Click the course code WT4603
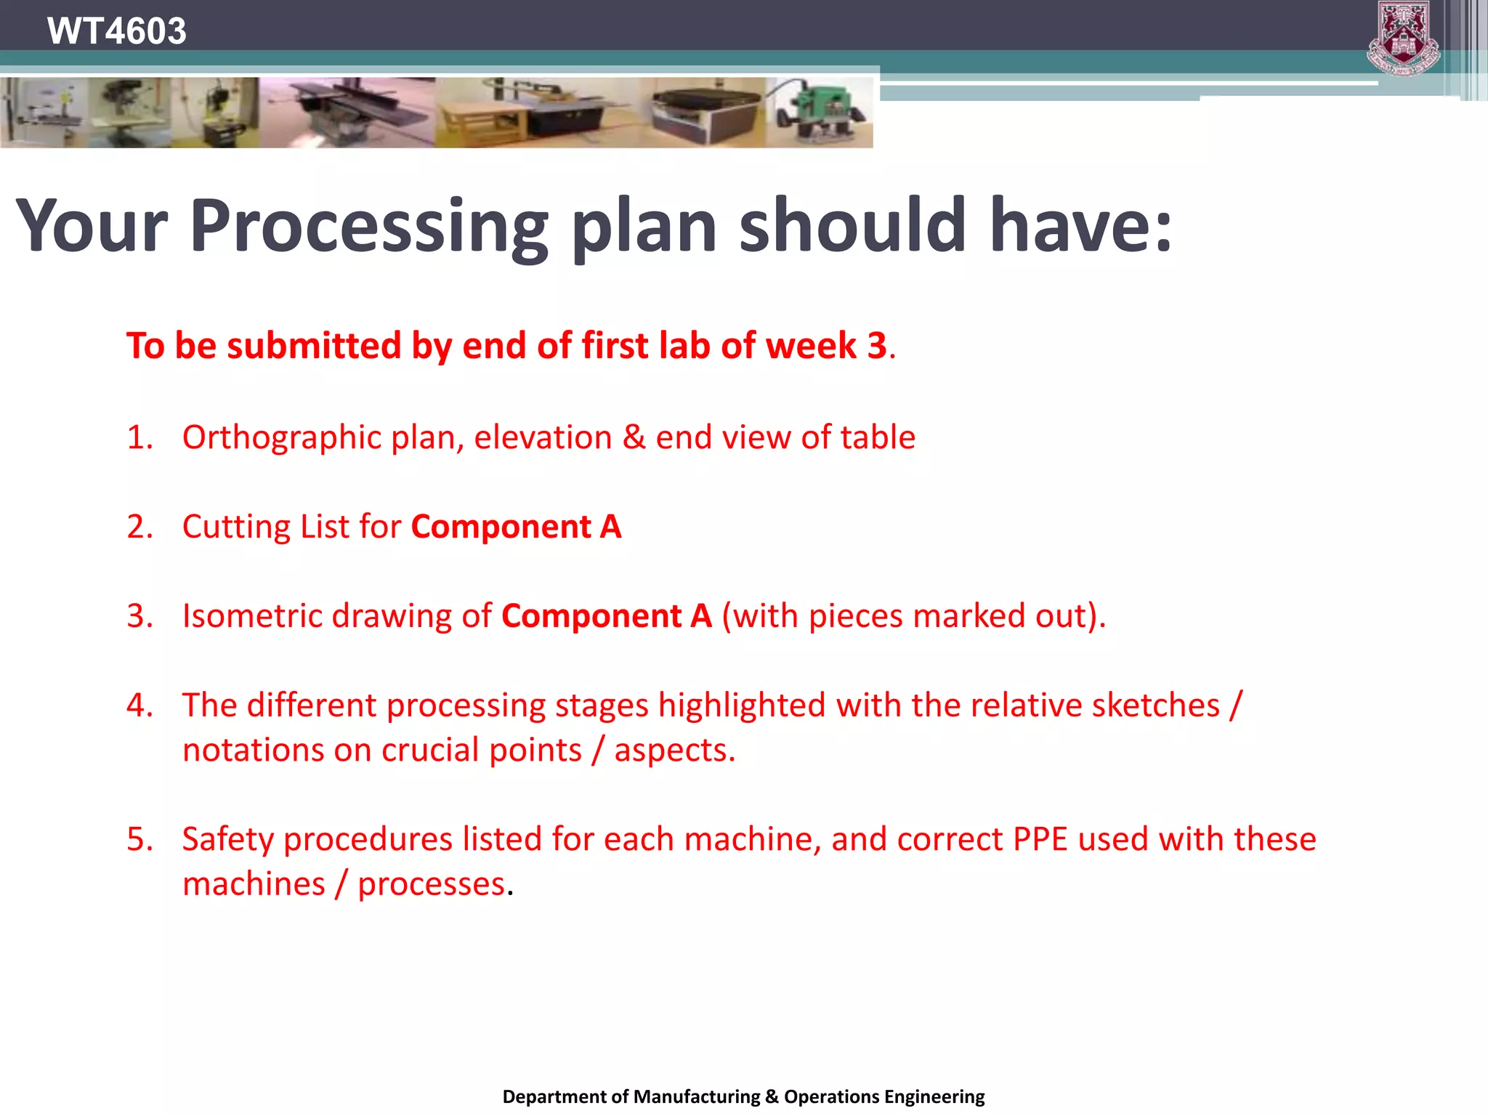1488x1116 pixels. [116, 31]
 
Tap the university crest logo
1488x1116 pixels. [1403, 38]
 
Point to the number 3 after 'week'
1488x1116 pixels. [877, 345]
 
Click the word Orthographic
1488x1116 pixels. [282, 438]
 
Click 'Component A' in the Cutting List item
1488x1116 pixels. [516, 527]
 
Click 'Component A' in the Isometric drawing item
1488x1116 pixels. [606, 616]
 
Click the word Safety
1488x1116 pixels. [228, 839]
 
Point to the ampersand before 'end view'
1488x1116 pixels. [634, 438]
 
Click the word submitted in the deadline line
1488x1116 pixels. [314, 345]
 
